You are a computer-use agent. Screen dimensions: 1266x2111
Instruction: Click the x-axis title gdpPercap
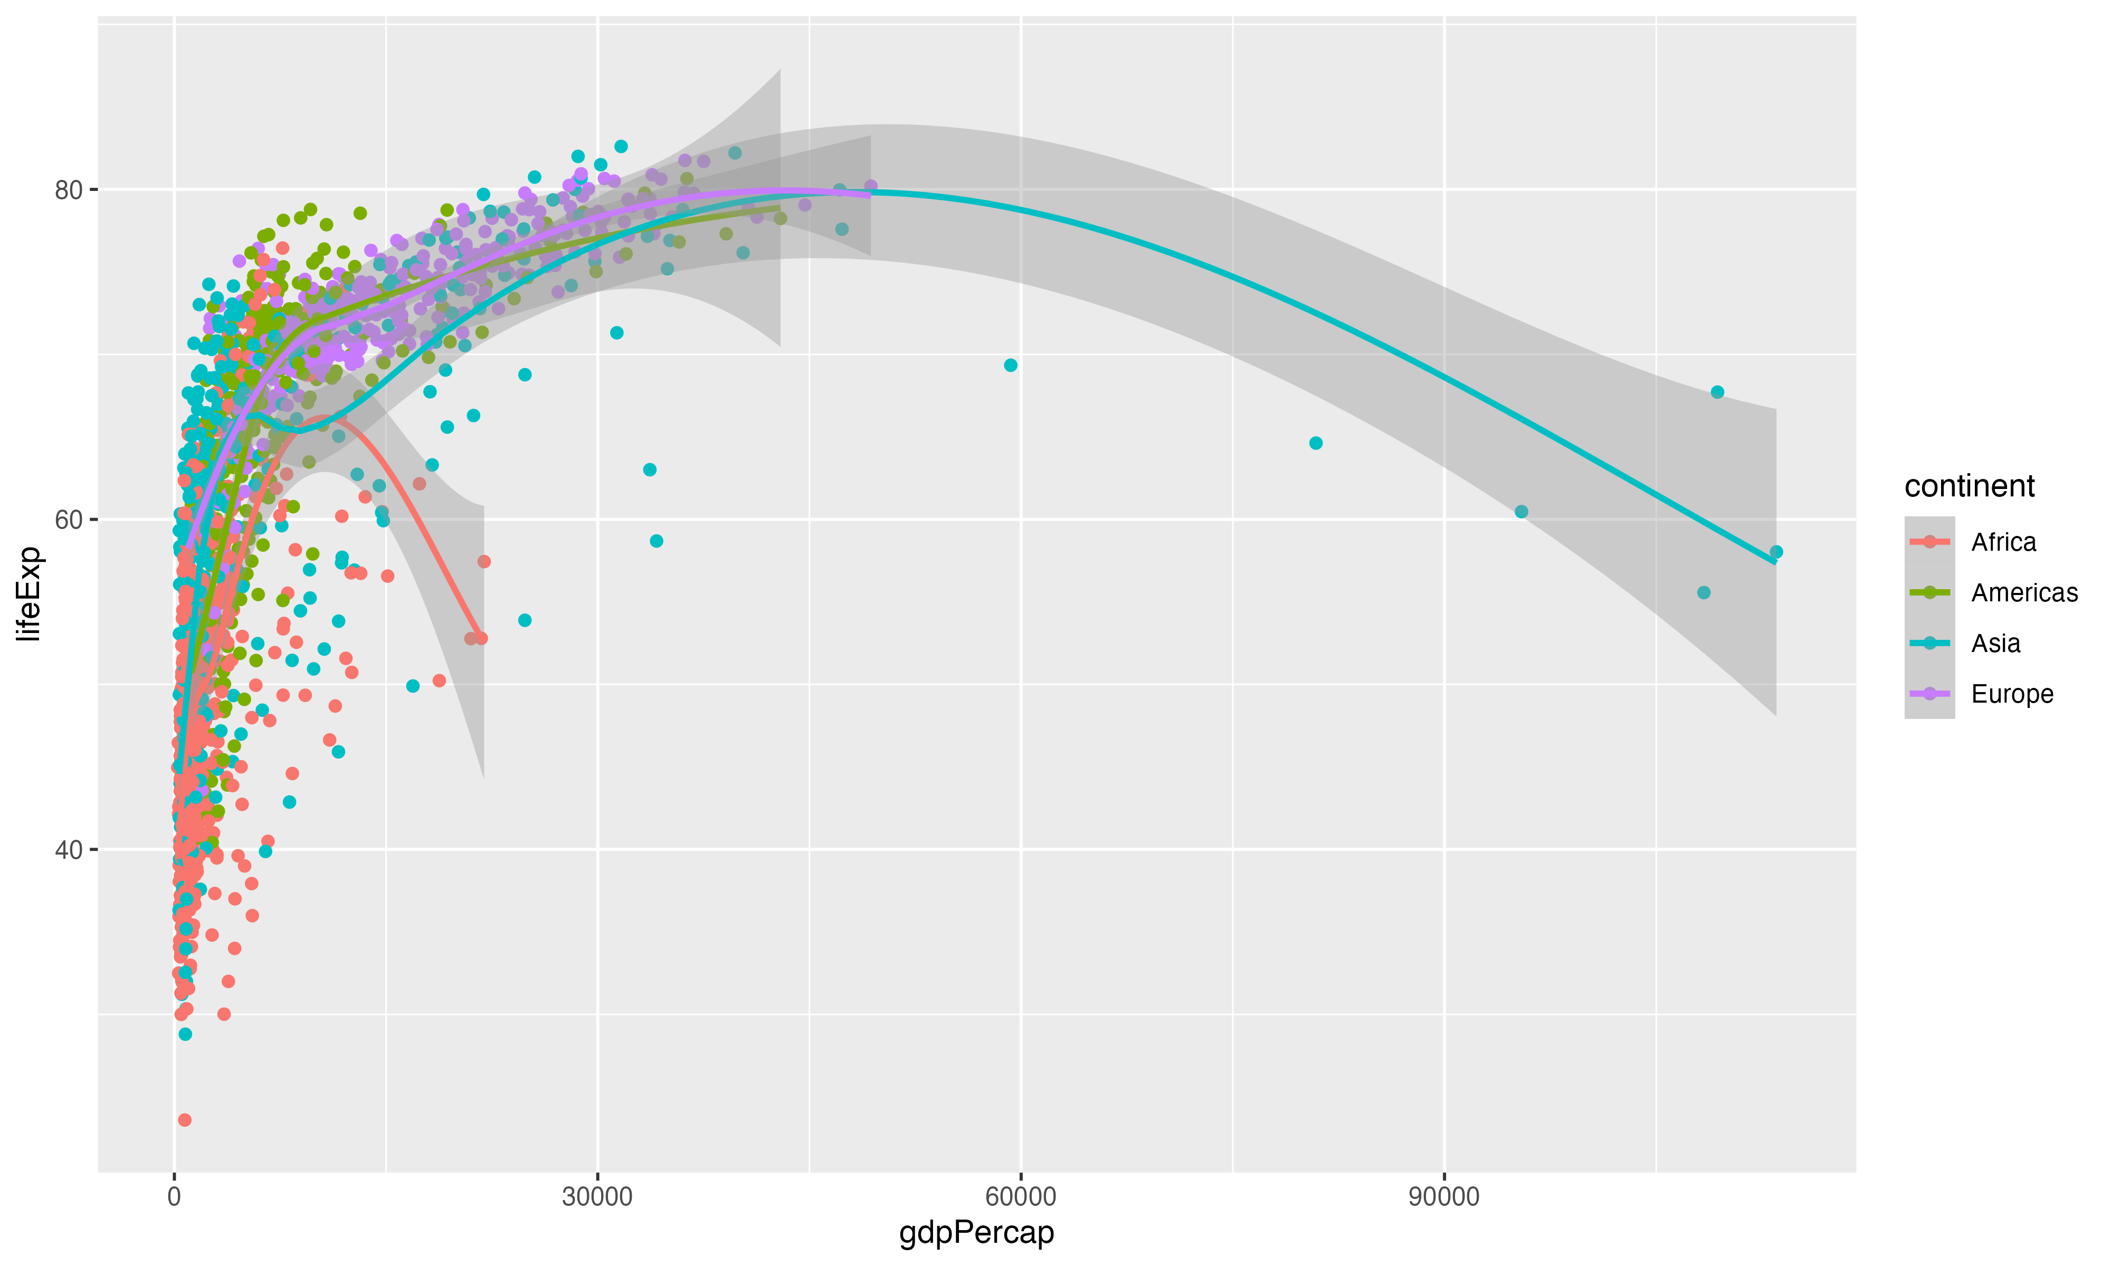976,1232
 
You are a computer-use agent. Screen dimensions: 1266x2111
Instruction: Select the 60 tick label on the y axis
68,520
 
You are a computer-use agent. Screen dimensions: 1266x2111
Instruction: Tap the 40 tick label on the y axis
68,850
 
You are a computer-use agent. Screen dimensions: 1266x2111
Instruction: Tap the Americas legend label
2024,593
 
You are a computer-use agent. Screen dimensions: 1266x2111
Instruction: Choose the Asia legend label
1995,643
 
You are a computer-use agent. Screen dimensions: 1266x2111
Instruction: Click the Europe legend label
2012,694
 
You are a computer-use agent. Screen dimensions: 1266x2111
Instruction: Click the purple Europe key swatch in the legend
1929,694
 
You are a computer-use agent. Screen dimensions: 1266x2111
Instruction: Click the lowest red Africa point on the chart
184,1120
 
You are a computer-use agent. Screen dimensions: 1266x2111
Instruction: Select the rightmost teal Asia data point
1776,552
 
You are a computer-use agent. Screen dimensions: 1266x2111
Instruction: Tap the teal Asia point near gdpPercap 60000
1010,365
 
